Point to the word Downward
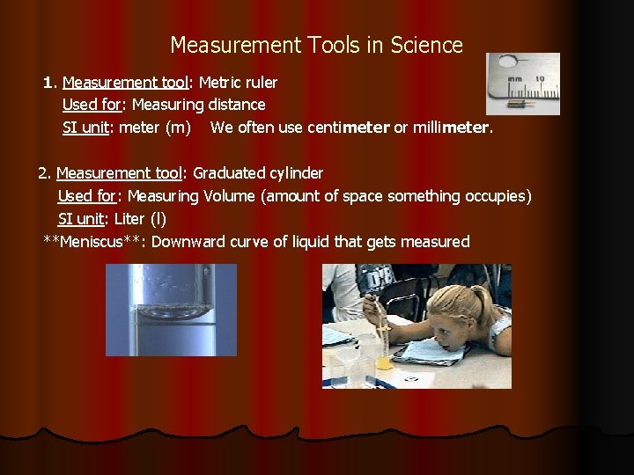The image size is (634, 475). [x=188, y=242]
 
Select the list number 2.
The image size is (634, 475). [x=42, y=173]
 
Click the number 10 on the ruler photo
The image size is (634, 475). [x=539, y=78]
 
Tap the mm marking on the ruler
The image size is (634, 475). [x=514, y=79]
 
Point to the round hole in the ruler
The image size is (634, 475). [x=507, y=63]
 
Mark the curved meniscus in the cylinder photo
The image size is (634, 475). [x=171, y=311]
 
